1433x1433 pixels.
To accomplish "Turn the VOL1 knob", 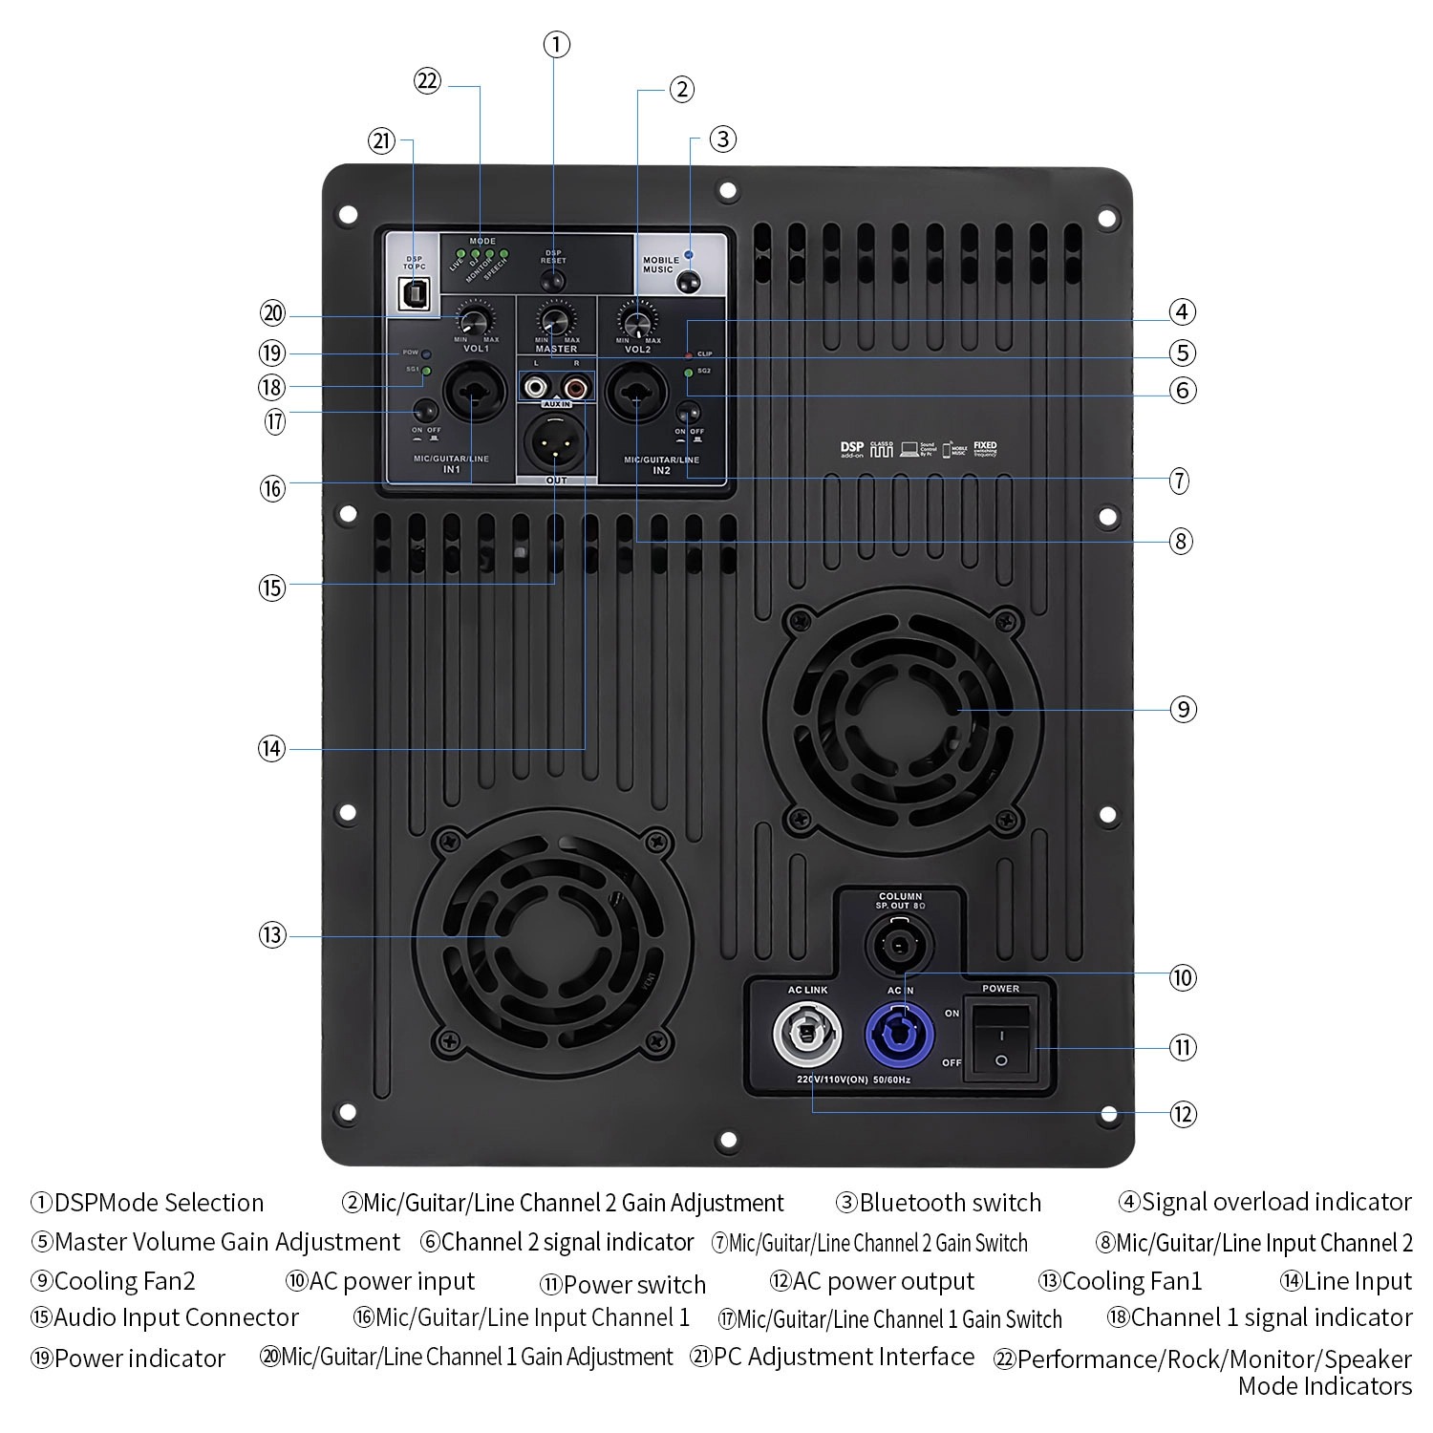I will coord(474,318).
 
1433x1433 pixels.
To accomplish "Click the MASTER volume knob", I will coord(554,318).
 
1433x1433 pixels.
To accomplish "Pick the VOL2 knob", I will coord(637,318).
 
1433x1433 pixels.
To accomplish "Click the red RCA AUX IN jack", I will coord(575,388).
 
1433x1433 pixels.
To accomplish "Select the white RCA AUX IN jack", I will coord(534,388).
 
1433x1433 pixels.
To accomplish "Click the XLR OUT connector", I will coord(555,443).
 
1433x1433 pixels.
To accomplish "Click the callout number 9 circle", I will coord(1183,709).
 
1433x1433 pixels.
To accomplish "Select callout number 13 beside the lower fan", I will coord(272,934).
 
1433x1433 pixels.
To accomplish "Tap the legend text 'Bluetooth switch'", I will coord(950,1203).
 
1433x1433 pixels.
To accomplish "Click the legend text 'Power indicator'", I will coord(139,1358).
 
